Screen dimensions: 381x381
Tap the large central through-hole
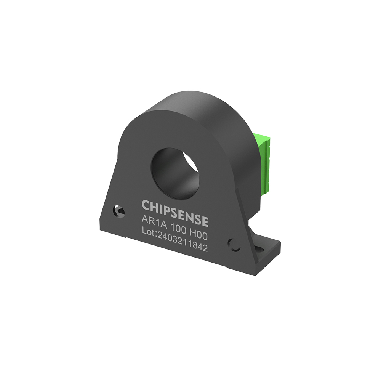click(x=175, y=173)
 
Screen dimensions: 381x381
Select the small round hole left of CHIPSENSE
click(x=118, y=212)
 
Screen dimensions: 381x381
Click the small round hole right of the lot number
click(x=234, y=245)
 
